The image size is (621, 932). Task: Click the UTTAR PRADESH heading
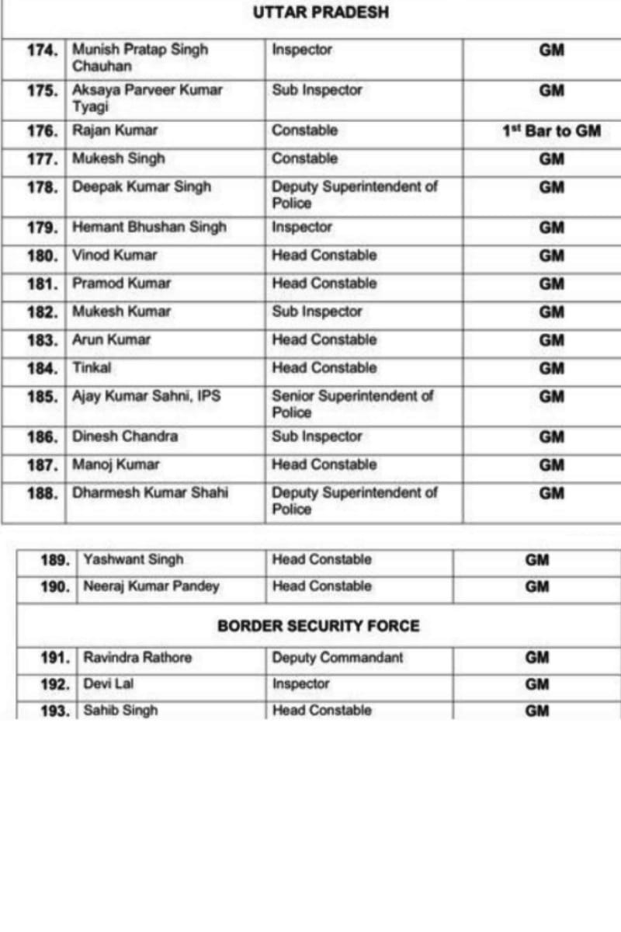[x=321, y=13]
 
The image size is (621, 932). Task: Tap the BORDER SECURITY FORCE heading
[x=318, y=626]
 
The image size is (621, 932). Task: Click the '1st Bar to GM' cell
[x=551, y=131]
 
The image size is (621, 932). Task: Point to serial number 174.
[x=43, y=50]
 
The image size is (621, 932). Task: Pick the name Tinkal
[x=92, y=368]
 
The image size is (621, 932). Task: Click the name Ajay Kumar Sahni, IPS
[x=147, y=396]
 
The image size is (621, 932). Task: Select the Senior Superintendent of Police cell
[x=352, y=404]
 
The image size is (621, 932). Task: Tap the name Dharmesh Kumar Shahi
[x=151, y=492]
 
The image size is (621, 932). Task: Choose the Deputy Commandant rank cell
[x=338, y=658]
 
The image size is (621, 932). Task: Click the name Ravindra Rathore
[x=137, y=658]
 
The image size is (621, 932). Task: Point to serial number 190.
[x=55, y=586]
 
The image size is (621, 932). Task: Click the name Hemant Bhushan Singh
[x=150, y=228]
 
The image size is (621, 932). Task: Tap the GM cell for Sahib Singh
[x=537, y=711]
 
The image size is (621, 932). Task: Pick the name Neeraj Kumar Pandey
[x=151, y=586]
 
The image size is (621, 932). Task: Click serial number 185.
[x=43, y=397]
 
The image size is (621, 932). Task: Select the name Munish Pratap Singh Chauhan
[x=141, y=57]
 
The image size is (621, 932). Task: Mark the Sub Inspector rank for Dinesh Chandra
[x=317, y=436]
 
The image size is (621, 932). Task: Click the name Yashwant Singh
[x=134, y=559]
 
